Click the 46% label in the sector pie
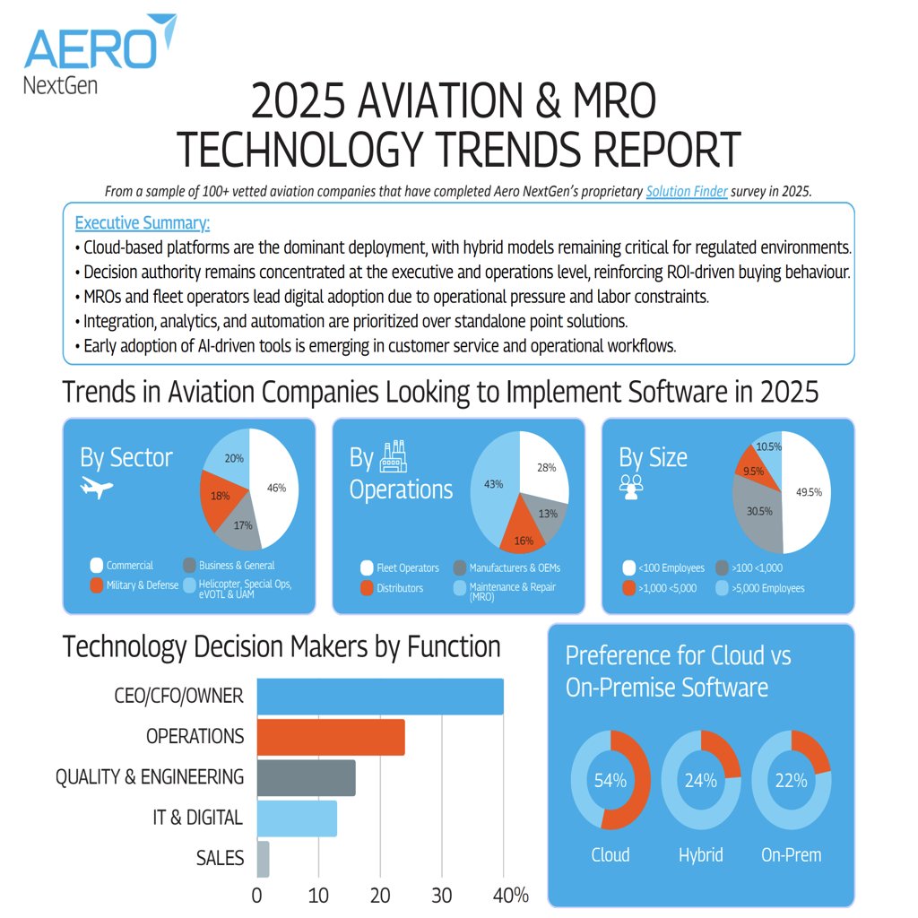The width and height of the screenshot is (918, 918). tap(276, 488)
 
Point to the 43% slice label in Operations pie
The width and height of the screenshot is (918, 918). tap(493, 483)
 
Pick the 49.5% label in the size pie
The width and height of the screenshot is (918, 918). tap(808, 491)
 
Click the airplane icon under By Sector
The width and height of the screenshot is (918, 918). tap(97, 487)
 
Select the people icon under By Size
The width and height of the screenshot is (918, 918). tap(631, 485)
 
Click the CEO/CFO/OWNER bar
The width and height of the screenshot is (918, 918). tap(380, 697)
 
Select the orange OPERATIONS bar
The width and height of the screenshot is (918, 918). tap(331, 737)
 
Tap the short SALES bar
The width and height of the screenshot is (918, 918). tap(263, 859)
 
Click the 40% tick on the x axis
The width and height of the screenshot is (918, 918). tap(511, 896)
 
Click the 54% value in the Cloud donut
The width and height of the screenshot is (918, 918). tap(611, 781)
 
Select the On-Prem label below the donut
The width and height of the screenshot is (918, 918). tap(791, 854)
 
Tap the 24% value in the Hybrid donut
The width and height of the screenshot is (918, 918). tap(701, 781)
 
